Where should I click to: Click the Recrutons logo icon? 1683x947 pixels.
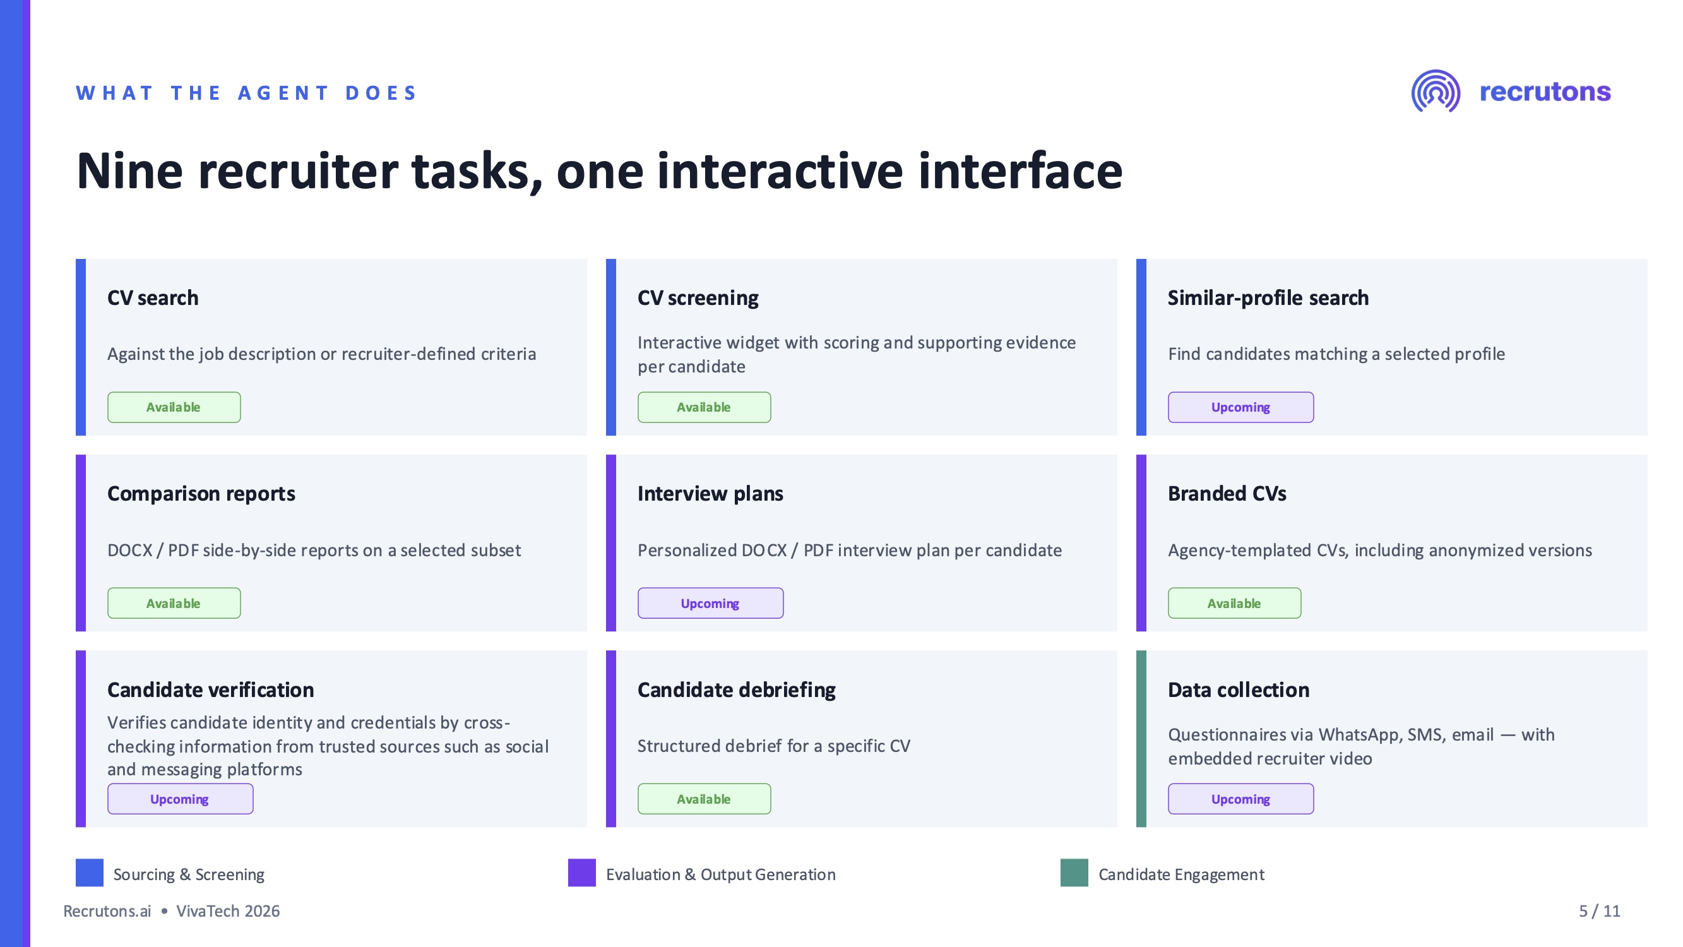tap(1436, 92)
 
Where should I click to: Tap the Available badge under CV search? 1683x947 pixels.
tap(174, 407)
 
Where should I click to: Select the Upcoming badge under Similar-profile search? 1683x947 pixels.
tap(1240, 407)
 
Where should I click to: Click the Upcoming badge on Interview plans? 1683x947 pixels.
tap(710, 603)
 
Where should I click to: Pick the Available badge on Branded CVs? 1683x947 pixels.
tap(1234, 603)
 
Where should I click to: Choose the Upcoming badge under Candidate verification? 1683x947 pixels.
tap(181, 799)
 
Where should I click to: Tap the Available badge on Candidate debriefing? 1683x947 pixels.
tap(704, 799)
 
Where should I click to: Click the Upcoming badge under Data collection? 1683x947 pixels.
tap(1240, 799)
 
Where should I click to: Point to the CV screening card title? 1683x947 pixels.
tap(698, 298)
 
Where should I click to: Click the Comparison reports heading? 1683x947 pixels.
tap(201, 494)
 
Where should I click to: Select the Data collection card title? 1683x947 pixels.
tap(1238, 689)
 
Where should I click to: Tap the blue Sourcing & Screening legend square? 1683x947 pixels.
tap(90, 873)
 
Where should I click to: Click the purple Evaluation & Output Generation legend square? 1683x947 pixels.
tap(581, 873)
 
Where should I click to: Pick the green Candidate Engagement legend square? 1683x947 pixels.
tap(1074, 873)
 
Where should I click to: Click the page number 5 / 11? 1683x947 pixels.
tap(1600, 911)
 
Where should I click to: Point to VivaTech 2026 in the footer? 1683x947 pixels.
tap(228, 911)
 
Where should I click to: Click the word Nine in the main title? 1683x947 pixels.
tap(129, 171)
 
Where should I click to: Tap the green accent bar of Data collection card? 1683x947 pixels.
tap(1141, 739)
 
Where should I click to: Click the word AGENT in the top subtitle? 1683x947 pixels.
tap(283, 93)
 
